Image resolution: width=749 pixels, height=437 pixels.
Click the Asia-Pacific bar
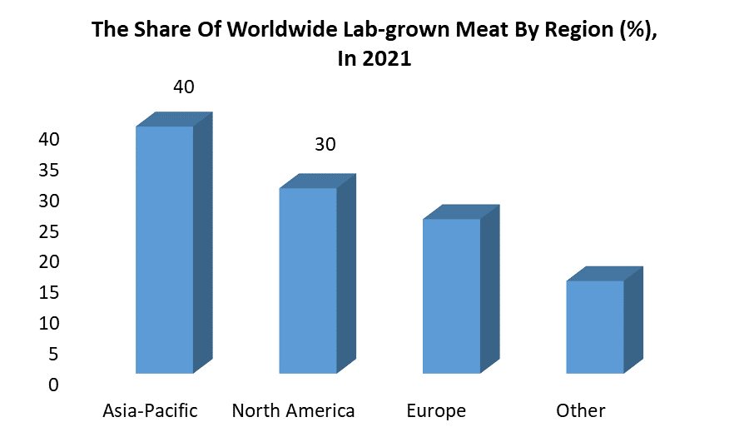click(x=165, y=250)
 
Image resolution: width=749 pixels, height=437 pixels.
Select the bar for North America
click(x=308, y=281)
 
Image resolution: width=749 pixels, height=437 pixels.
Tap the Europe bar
click(x=451, y=295)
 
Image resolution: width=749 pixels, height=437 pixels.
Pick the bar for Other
click(x=594, y=326)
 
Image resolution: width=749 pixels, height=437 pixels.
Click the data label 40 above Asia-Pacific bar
click(x=183, y=87)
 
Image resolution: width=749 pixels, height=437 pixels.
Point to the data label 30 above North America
click(x=325, y=145)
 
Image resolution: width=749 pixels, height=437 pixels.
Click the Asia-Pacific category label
click(x=150, y=411)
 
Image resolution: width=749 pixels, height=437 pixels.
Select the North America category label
click(x=293, y=411)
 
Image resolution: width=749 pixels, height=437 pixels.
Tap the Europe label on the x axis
click(x=436, y=411)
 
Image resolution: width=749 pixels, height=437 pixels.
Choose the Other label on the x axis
click(x=581, y=411)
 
